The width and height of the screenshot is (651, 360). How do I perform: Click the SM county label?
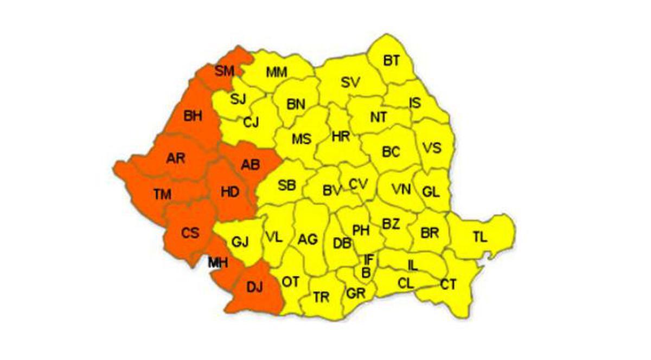(224, 70)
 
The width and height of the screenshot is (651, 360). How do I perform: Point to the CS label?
(190, 233)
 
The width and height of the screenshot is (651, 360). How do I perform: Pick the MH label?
(218, 262)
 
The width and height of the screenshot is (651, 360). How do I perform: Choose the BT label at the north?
(391, 60)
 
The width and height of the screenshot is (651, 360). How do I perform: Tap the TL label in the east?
(480, 237)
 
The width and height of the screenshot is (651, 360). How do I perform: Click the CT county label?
(448, 284)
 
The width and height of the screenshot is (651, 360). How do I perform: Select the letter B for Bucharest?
(366, 273)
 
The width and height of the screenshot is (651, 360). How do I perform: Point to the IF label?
(369, 260)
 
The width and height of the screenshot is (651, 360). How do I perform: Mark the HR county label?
(341, 137)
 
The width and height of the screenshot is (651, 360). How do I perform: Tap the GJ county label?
(239, 242)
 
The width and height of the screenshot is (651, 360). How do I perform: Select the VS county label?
(432, 148)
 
